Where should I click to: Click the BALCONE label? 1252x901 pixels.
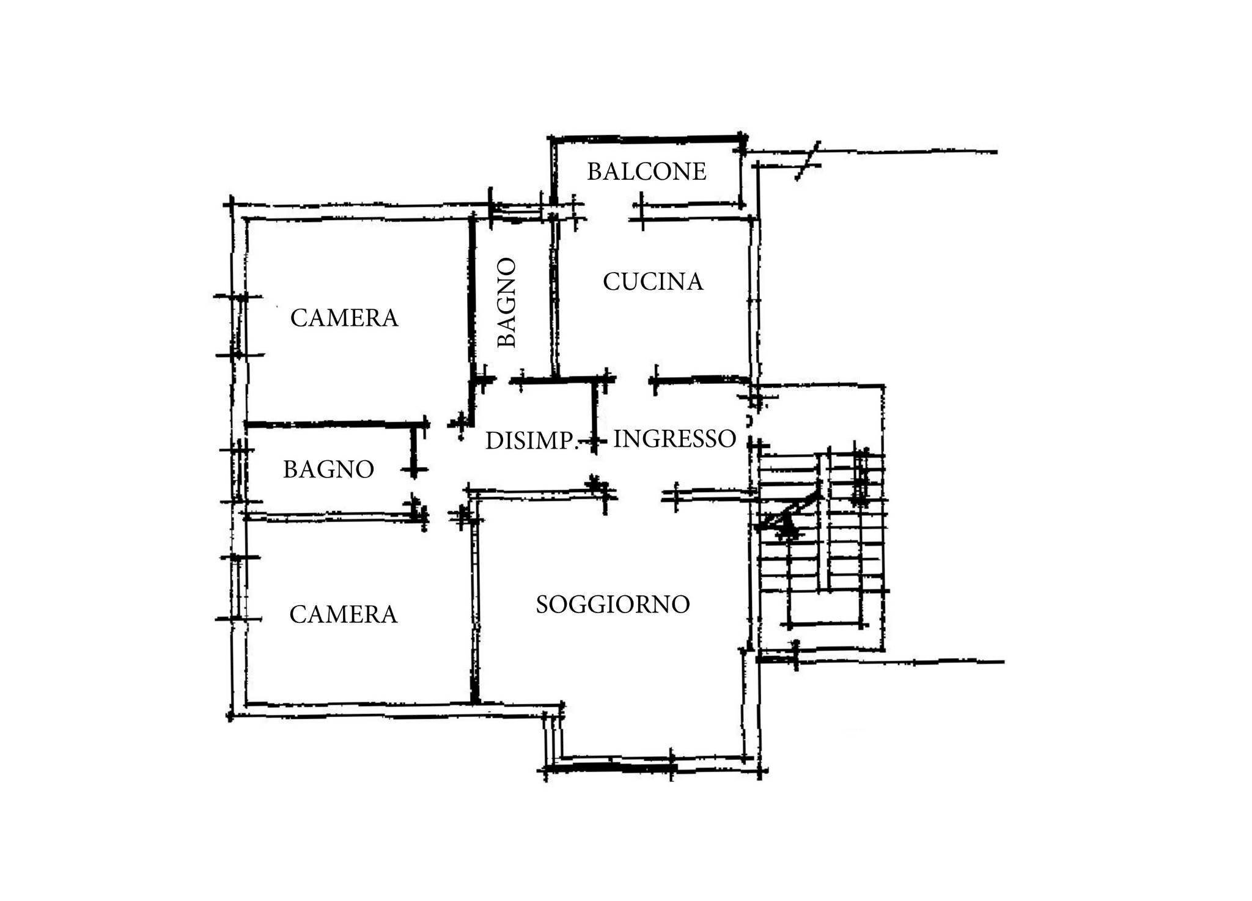pyautogui.click(x=647, y=172)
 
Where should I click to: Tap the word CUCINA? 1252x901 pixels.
pyautogui.click(x=653, y=282)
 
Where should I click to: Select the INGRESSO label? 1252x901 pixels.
pyautogui.click(x=674, y=439)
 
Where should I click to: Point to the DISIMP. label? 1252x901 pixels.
pyautogui.click(x=531, y=441)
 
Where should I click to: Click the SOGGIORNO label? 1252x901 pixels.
pyautogui.click(x=613, y=605)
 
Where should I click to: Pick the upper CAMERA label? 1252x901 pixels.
pyautogui.click(x=344, y=318)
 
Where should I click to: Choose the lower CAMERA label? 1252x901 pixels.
pyautogui.click(x=343, y=614)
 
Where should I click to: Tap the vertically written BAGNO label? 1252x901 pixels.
pyautogui.click(x=507, y=303)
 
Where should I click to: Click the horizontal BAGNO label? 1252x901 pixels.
pyautogui.click(x=328, y=469)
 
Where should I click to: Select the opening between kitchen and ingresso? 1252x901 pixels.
pyautogui.click(x=632, y=381)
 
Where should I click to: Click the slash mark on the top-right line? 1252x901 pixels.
pyautogui.click(x=808, y=161)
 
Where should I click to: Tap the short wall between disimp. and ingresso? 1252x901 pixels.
pyautogui.click(x=594, y=416)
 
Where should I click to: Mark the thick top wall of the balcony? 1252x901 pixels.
pyautogui.click(x=647, y=138)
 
